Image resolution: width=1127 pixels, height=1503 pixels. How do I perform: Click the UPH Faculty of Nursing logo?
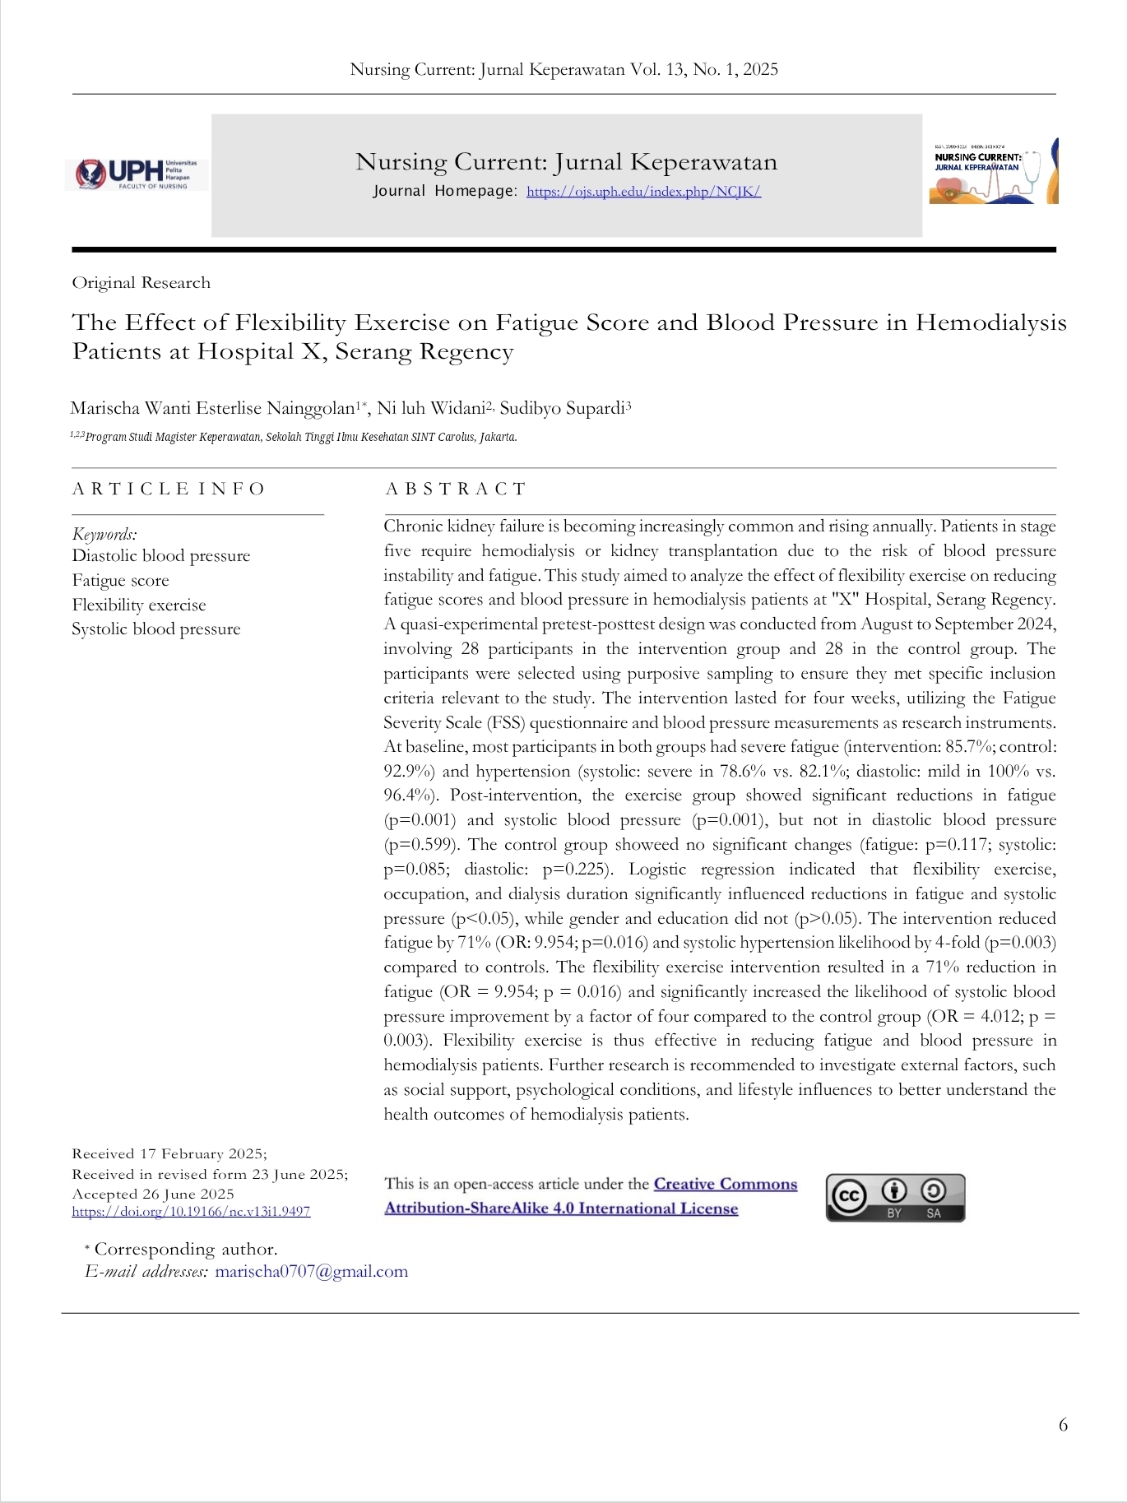click(x=137, y=174)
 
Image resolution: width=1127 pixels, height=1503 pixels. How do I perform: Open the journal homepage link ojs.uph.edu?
click(x=643, y=192)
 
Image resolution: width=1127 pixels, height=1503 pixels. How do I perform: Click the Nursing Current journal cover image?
click(x=994, y=171)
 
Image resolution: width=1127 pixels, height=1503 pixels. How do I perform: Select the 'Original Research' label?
click(x=141, y=283)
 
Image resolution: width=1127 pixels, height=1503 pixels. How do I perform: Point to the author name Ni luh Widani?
click(x=431, y=408)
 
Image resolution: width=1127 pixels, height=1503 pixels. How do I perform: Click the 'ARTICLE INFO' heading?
click(x=168, y=489)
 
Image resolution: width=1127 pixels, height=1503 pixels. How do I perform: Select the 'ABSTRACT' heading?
click(x=455, y=489)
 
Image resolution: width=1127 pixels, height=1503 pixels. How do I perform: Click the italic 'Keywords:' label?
click(x=104, y=533)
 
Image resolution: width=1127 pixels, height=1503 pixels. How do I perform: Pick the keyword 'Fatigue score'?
click(x=120, y=581)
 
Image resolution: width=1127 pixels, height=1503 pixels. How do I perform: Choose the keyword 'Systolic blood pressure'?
click(x=156, y=629)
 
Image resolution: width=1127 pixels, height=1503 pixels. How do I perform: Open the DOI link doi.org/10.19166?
click(x=191, y=1211)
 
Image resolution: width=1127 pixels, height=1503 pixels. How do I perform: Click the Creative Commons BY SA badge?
click(x=895, y=1197)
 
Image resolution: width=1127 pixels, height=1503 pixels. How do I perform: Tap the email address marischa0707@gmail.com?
click(x=311, y=1271)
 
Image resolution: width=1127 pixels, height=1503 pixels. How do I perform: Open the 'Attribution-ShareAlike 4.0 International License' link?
click(x=561, y=1208)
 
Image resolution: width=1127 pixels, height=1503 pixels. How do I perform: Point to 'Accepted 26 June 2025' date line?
click(x=153, y=1194)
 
